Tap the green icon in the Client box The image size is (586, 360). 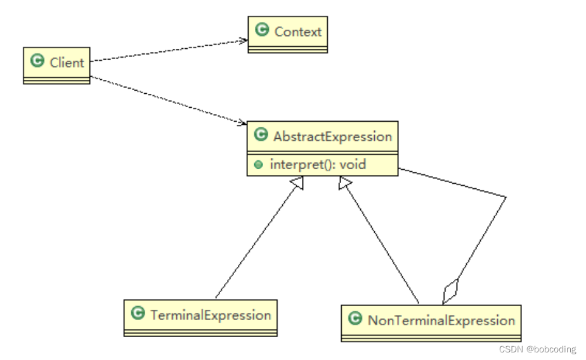[x=37, y=61]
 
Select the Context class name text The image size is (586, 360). [x=298, y=31]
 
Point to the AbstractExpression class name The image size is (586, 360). [x=332, y=136]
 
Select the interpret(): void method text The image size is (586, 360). [x=318, y=164]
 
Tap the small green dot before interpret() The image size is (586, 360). [x=258, y=165]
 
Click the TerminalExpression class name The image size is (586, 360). [x=211, y=315]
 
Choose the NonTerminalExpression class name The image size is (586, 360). [x=441, y=320]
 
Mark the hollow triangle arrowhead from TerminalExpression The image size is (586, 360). [x=298, y=183]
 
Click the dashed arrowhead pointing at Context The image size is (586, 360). [x=242, y=41]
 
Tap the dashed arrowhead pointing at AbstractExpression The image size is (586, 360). [x=241, y=122]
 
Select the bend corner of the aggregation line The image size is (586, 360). [x=505, y=198]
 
